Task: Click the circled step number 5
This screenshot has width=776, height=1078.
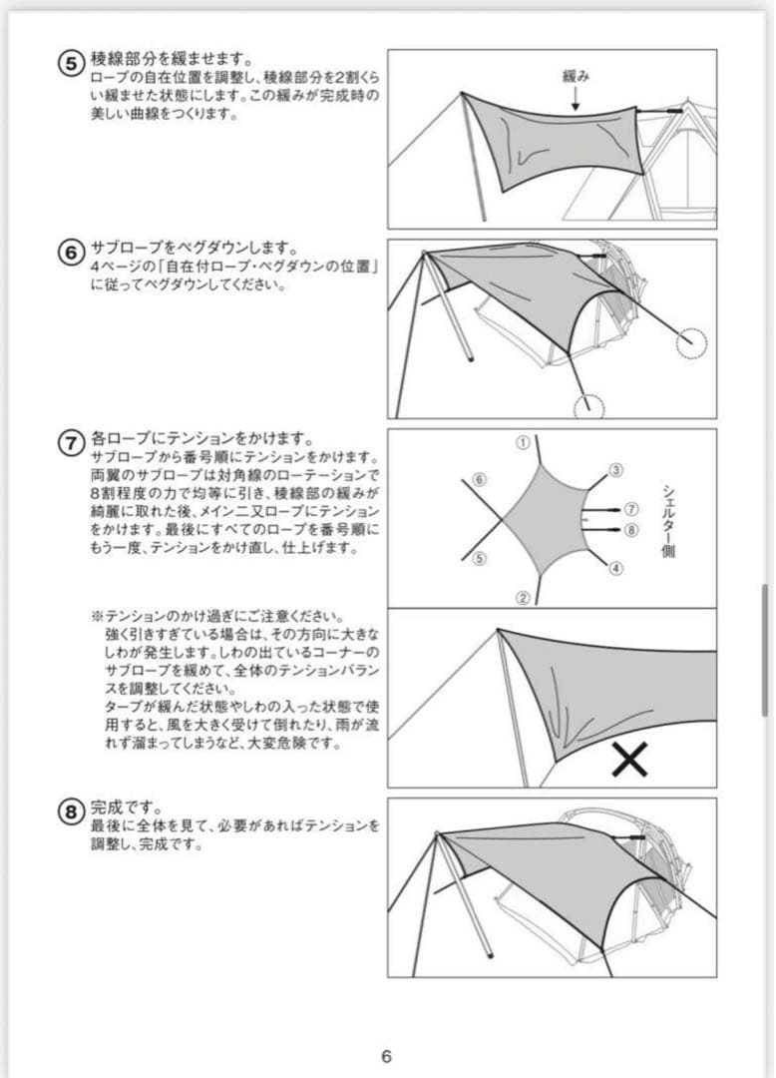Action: [x=71, y=62]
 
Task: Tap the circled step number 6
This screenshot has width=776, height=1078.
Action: [x=71, y=254]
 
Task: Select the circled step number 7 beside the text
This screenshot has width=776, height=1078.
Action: [x=71, y=443]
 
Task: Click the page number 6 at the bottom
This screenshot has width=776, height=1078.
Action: [x=387, y=1057]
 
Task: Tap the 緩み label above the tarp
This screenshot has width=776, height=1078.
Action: [x=578, y=75]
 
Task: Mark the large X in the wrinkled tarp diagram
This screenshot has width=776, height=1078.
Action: [x=629, y=760]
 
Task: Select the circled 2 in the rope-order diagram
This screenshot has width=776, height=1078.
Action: [x=522, y=598]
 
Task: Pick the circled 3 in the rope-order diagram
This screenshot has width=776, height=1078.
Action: [x=615, y=470]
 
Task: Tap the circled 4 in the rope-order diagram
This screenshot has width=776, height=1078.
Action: [x=615, y=569]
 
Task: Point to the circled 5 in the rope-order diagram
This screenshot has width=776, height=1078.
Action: [x=480, y=559]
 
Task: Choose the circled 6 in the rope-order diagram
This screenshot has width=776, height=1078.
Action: [x=480, y=480]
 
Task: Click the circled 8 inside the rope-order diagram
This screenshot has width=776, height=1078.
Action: [x=630, y=530]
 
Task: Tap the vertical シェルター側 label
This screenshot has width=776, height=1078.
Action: [x=667, y=520]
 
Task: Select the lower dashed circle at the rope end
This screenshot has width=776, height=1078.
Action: [x=589, y=405]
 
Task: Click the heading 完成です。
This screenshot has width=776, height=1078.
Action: [x=126, y=807]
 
